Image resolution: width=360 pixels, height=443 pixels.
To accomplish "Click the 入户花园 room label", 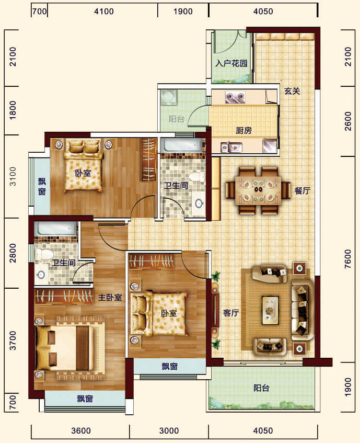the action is [231, 63].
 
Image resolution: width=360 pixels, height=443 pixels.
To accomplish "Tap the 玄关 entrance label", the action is [292, 91].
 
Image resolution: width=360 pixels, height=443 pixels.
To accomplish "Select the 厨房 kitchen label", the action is [243, 130].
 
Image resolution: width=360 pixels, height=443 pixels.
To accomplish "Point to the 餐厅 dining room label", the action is [302, 191].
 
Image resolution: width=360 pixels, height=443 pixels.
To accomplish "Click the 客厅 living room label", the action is [231, 313].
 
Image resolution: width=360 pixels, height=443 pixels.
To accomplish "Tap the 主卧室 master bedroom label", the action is [110, 297].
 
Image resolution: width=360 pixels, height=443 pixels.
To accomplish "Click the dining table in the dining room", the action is [258, 191].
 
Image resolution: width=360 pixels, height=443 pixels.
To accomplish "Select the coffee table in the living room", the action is [270, 310].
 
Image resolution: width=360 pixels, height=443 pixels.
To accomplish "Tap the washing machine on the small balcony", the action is [169, 97].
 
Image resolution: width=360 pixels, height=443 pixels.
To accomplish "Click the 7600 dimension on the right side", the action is [348, 259].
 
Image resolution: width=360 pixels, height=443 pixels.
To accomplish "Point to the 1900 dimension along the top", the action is [183, 12].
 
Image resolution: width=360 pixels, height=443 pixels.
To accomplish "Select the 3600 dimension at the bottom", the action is [81, 430].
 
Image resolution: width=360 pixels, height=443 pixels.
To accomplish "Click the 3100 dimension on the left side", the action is [13, 176].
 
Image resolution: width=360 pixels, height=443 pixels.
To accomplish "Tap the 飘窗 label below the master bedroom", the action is [85, 399].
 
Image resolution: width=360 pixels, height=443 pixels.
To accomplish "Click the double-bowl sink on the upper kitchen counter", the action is [235, 97].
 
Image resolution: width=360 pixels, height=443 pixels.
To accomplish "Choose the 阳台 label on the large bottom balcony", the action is [261, 388].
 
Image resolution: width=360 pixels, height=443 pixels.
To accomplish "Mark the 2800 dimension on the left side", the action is [13, 253].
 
